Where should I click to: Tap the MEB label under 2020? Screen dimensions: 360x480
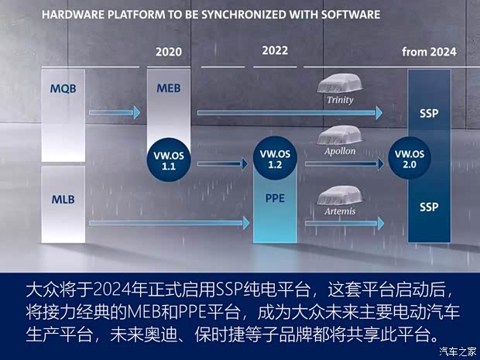click(168, 88)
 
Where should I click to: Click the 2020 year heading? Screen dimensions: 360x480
click(168, 52)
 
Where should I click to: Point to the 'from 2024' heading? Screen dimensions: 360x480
click(429, 52)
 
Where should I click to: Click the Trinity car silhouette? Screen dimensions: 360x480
click(341, 84)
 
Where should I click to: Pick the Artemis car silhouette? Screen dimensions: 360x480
click(341, 195)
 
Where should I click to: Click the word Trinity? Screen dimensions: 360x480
click(340, 99)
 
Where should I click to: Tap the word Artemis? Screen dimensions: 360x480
click(340, 211)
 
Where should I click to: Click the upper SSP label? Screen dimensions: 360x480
click(429, 113)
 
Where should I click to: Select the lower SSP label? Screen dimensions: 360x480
click(429, 207)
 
